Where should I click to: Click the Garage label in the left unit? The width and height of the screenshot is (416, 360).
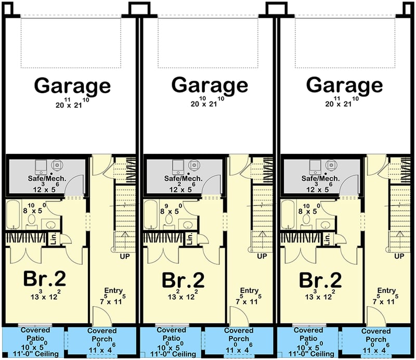tap(72, 85)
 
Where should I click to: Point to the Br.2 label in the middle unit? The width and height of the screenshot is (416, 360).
tap(183, 280)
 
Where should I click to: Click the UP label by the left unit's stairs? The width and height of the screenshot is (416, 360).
tap(125, 256)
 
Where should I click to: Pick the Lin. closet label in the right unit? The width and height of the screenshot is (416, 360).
tap(327, 239)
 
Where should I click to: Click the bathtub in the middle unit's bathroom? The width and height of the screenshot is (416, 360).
tap(150, 214)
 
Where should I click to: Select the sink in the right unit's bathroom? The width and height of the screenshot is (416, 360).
tap(325, 225)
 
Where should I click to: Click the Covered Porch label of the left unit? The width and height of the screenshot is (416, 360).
tap(102, 335)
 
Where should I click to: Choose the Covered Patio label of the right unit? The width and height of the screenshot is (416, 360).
tap(308, 334)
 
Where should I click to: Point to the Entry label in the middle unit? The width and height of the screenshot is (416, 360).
tap(250, 290)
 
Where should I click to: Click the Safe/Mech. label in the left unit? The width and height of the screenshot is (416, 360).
tap(47, 178)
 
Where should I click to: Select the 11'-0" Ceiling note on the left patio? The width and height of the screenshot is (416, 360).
tap(36, 354)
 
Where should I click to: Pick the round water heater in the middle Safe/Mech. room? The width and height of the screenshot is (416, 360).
tap(194, 165)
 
